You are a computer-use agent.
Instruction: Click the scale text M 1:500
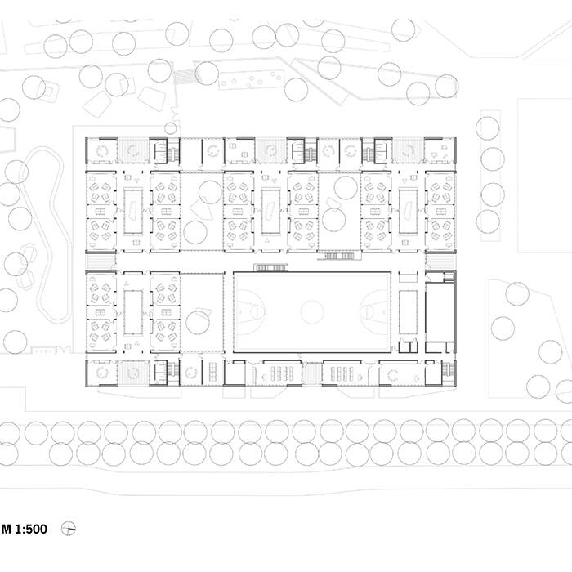click(24, 529)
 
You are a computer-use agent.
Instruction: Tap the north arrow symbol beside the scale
click(68, 528)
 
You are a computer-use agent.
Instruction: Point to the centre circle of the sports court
click(312, 312)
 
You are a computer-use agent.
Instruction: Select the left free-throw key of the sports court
click(250, 312)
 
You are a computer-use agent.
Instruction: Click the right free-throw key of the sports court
click(374, 312)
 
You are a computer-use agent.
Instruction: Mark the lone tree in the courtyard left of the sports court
click(198, 323)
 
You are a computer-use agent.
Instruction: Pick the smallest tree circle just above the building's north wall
click(170, 128)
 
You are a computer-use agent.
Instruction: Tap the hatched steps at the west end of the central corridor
click(101, 261)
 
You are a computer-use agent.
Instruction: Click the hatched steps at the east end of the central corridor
click(440, 261)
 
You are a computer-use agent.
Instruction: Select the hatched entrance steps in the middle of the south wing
click(312, 374)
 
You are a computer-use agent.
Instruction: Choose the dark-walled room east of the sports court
click(440, 312)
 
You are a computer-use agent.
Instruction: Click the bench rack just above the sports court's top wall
click(270, 268)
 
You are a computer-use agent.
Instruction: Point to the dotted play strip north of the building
click(252, 80)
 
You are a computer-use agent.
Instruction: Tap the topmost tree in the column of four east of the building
click(488, 128)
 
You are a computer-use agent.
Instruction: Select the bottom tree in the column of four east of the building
click(488, 221)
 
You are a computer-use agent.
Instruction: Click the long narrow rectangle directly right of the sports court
click(409, 312)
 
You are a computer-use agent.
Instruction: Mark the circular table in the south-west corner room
click(102, 373)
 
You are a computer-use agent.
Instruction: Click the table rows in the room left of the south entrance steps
click(282, 373)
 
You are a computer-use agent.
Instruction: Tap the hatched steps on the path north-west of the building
click(185, 78)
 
